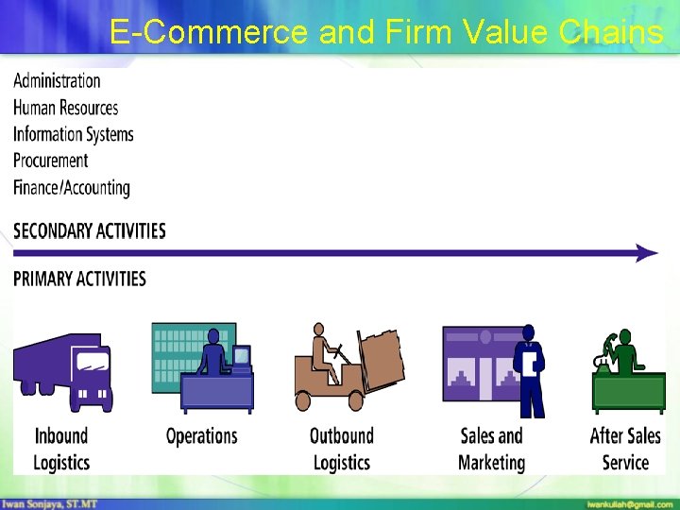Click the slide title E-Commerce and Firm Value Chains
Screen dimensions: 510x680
click(x=385, y=32)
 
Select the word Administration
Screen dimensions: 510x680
click(x=57, y=81)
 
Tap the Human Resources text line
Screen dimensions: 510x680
click(x=65, y=108)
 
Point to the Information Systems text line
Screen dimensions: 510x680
click(x=73, y=134)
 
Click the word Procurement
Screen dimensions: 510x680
click(x=50, y=161)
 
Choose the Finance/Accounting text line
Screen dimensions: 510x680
click(x=71, y=187)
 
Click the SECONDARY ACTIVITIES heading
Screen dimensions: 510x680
click(x=89, y=231)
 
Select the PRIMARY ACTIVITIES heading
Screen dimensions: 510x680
click(x=79, y=280)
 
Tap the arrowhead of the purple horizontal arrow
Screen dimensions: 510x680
click(x=647, y=253)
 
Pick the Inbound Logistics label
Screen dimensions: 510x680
click(x=61, y=449)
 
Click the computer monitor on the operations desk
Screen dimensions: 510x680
click(x=242, y=357)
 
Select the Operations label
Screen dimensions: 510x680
click(x=201, y=436)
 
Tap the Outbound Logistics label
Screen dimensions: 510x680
click(x=341, y=449)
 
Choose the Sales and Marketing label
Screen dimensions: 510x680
click(x=491, y=449)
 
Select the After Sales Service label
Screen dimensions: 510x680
click(x=625, y=449)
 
